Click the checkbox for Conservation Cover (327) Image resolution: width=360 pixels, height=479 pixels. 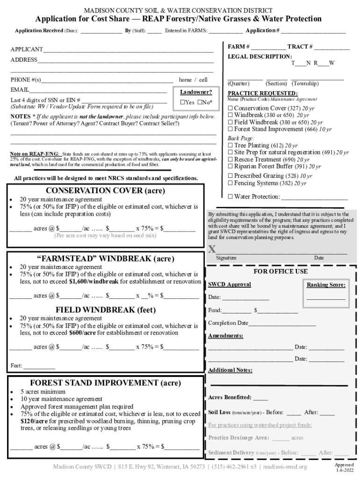230,108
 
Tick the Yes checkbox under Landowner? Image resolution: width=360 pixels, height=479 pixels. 183,102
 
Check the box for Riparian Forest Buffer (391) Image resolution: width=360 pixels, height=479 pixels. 230,166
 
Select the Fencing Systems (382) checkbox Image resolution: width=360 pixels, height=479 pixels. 230,183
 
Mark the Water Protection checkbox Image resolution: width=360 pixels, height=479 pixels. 230,196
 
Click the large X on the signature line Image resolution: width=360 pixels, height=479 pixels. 212,249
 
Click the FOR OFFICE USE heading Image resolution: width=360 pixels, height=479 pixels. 281,271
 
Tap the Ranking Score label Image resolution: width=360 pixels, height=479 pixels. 326,285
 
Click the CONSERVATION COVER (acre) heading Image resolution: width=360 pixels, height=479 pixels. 105,191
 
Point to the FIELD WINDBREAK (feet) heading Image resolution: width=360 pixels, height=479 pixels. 106,309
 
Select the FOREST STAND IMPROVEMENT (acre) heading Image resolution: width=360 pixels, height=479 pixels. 105,383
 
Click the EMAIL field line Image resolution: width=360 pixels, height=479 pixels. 98,90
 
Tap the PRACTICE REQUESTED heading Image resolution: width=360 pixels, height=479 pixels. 256,93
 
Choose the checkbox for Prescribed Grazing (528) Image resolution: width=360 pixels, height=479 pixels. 230,176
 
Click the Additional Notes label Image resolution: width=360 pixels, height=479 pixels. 230,370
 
